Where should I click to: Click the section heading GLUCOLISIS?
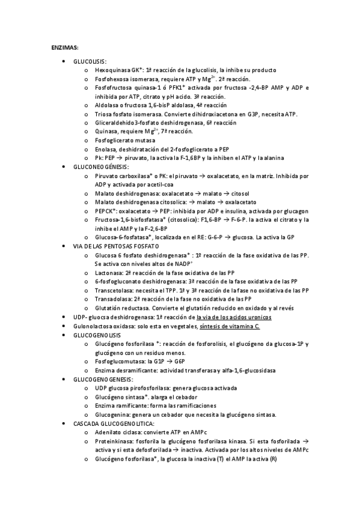[90, 61]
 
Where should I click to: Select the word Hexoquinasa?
[111, 70]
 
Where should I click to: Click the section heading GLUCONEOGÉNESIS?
[102, 167]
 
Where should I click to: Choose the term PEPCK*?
[106, 211]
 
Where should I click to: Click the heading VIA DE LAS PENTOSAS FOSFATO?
[116, 247]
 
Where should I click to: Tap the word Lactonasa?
[109, 272]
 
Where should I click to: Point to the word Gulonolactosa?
[93, 325]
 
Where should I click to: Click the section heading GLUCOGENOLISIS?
[97, 334]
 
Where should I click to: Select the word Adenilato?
[108, 432]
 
